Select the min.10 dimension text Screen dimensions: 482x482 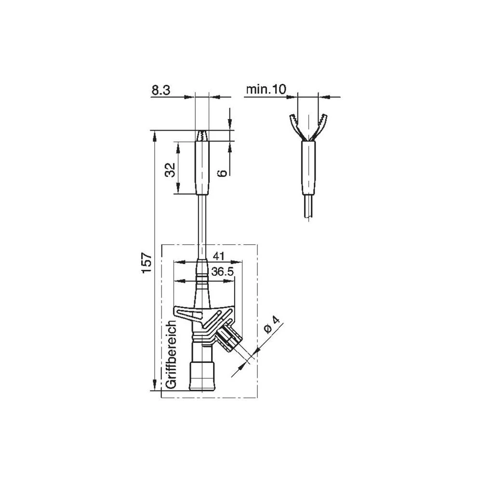pyautogui.click(x=266, y=89)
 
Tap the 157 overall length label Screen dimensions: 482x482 pyautogui.click(x=147, y=262)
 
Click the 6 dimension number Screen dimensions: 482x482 pyautogui.click(x=222, y=173)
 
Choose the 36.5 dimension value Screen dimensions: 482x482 pyautogui.click(x=223, y=272)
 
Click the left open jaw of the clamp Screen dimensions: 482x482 pyautogui.click(x=295, y=127)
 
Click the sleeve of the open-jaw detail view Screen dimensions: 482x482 pyautogui.click(x=308, y=169)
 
